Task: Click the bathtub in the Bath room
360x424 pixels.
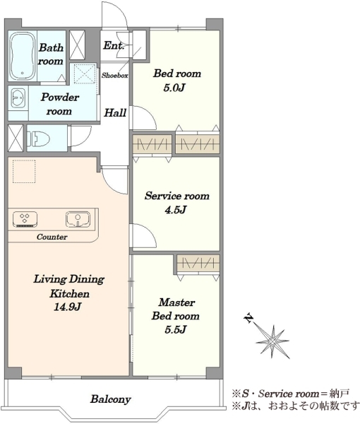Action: [23, 57]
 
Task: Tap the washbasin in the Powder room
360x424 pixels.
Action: [18, 97]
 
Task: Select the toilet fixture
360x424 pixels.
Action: [39, 139]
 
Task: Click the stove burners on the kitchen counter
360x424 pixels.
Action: [25, 219]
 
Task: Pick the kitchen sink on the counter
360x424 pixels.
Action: [78, 219]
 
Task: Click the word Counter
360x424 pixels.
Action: [52, 237]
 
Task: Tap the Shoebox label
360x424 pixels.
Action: [115, 76]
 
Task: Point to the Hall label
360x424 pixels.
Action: [115, 112]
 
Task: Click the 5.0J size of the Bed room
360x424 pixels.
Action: [174, 88]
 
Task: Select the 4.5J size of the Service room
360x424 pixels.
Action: [176, 210]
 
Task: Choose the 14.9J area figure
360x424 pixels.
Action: [68, 307]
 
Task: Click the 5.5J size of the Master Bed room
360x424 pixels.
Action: [176, 329]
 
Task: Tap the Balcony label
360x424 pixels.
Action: [110, 399]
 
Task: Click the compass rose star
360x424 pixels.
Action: [272, 342]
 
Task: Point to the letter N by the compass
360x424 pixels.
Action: [248, 318]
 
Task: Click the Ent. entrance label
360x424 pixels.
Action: [114, 45]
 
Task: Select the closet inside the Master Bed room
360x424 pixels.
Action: [198, 263]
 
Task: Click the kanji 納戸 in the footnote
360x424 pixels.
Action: [340, 394]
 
